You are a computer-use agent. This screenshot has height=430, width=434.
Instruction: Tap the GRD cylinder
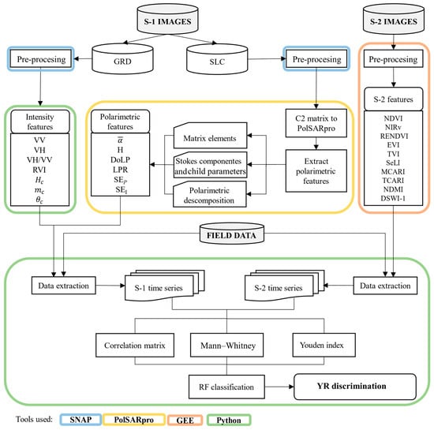click(x=122, y=58)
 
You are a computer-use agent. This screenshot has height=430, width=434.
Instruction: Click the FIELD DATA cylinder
click(x=232, y=234)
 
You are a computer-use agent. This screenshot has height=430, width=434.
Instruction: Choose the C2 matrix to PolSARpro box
click(x=316, y=123)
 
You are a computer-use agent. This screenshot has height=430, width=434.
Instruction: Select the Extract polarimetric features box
click(x=316, y=170)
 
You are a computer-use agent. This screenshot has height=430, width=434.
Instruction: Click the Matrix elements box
click(x=211, y=136)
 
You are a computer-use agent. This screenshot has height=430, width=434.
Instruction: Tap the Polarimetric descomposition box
click(x=210, y=194)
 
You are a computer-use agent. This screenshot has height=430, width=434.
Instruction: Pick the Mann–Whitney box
click(x=226, y=345)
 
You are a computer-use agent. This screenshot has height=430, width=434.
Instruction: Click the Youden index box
click(x=324, y=345)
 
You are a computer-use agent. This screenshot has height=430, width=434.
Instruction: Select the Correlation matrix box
click(x=135, y=345)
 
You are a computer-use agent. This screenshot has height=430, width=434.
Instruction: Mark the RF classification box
click(x=226, y=387)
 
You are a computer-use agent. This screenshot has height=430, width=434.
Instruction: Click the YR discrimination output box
click(x=355, y=387)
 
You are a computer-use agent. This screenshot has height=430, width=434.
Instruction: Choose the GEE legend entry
click(x=185, y=420)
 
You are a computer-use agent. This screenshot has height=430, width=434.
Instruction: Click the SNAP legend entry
click(x=80, y=420)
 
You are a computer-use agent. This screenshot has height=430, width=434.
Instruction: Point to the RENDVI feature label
click(x=394, y=136)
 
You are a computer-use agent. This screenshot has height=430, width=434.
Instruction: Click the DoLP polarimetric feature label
click(x=120, y=159)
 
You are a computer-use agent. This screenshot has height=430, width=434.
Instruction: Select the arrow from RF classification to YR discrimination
click(x=279, y=387)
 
